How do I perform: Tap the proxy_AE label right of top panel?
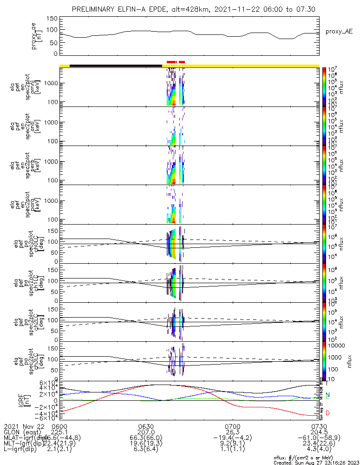(x=339, y=32)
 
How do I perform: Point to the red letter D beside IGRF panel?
(x=328, y=413)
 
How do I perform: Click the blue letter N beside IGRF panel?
(x=328, y=395)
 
